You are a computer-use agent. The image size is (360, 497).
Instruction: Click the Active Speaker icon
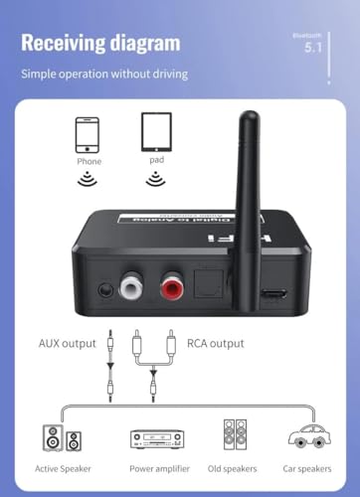tap(55, 436)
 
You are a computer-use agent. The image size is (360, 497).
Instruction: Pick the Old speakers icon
tap(235, 433)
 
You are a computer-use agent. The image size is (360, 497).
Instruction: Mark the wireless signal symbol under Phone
tap(88, 180)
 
